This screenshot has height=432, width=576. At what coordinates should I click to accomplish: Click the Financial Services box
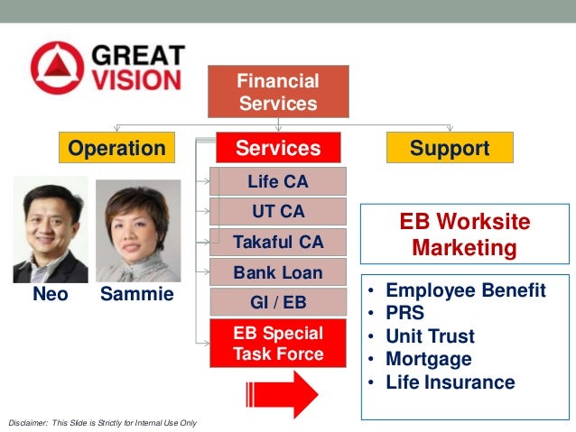point(278,92)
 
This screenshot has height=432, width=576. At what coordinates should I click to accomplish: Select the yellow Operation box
point(116,148)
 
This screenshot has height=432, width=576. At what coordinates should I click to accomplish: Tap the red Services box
point(278,148)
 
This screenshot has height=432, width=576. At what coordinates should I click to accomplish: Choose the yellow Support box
point(450,148)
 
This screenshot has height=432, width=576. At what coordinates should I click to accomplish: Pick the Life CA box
point(278,182)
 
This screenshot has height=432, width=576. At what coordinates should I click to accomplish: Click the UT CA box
point(278,212)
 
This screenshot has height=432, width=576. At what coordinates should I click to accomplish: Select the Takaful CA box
point(278,242)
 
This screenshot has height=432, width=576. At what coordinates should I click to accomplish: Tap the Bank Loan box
point(278,271)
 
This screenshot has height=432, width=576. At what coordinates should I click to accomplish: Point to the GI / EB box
point(278,301)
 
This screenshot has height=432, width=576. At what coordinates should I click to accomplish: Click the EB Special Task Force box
point(278,343)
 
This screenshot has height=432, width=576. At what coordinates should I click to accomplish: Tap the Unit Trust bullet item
point(430,336)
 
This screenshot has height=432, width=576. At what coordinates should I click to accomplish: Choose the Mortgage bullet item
point(428,359)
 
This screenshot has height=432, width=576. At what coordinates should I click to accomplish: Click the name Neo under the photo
point(51,295)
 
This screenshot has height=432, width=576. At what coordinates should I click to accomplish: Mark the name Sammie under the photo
point(137,295)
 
